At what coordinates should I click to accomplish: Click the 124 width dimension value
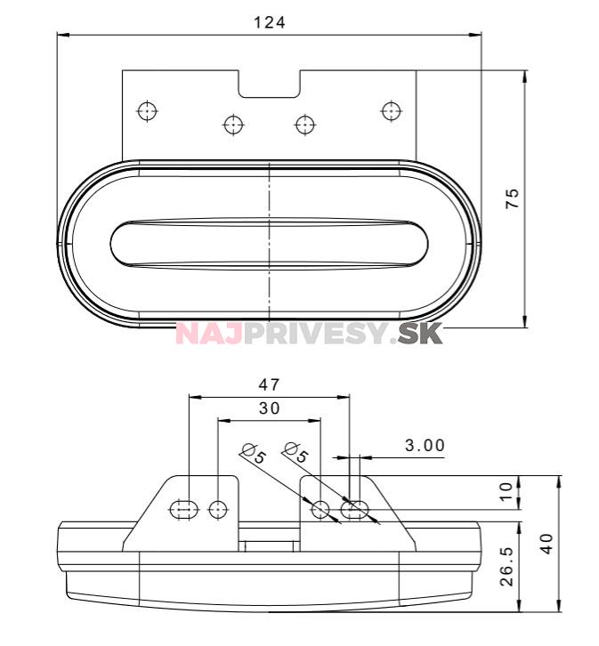(270, 22)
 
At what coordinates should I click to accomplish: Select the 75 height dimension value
(512, 198)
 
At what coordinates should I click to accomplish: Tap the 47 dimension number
(269, 384)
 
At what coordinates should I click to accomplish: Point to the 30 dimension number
(270, 408)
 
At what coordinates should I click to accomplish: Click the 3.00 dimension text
(425, 445)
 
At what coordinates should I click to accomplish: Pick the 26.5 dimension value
(506, 566)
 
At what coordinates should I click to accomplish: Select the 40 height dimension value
(546, 544)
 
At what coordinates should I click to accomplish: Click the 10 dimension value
(506, 491)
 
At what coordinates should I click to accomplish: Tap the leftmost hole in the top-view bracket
(148, 111)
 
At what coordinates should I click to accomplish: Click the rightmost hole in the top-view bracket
(392, 111)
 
